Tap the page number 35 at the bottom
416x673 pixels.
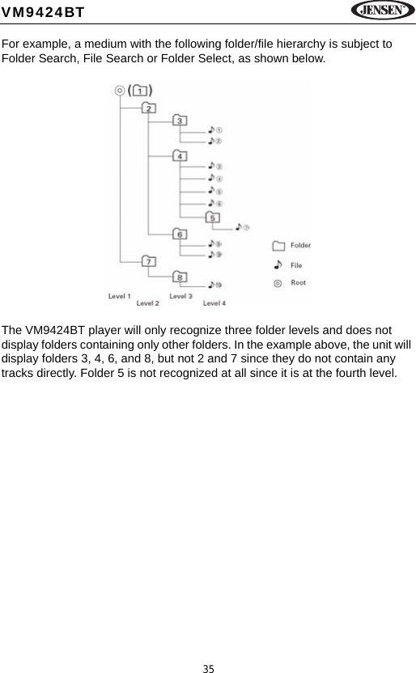pyautogui.click(x=208, y=668)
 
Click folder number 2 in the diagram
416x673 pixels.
pyautogui.click(x=148, y=108)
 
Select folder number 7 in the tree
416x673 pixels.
pyautogui.click(x=149, y=260)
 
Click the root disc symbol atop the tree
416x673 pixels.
pyautogui.click(x=121, y=91)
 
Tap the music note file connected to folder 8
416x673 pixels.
pyautogui.click(x=214, y=285)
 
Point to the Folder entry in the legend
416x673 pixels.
pyautogui.click(x=291, y=246)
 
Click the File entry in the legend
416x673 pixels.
pyautogui.click(x=290, y=265)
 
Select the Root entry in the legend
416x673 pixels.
pyautogui.click(x=291, y=283)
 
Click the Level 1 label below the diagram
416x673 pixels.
pyautogui.click(x=120, y=296)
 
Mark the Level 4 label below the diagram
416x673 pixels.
pyautogui.click(x=214, y=303)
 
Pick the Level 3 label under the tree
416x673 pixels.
pyautogui.click(x=180, y=296)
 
